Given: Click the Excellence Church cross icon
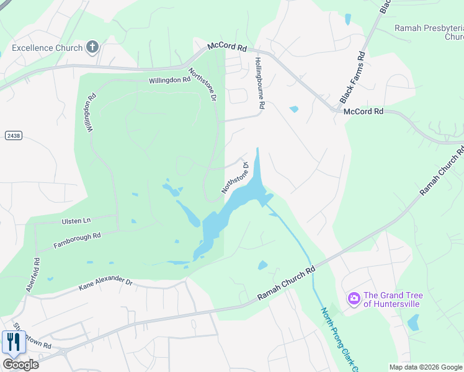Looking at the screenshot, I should click(x=92, y=47).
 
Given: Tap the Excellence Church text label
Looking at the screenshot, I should click(x=47, y=48).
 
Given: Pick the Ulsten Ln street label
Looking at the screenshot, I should click(x=76, y=220).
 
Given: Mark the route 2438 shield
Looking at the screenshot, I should click(x=12, y=135).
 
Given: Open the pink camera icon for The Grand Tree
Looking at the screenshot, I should click(x=354, y=299).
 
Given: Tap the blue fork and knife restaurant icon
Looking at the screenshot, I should click(x=14, y=342).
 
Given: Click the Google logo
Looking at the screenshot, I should click(x=20, y=364).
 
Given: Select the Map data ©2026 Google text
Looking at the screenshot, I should click(x=425, y=367).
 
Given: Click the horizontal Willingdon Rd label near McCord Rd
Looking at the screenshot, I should click(x=169, y=80).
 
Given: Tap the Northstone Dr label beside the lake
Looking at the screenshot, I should click(x=236, y=177).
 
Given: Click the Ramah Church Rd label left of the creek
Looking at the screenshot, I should click(x=287, y=285).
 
